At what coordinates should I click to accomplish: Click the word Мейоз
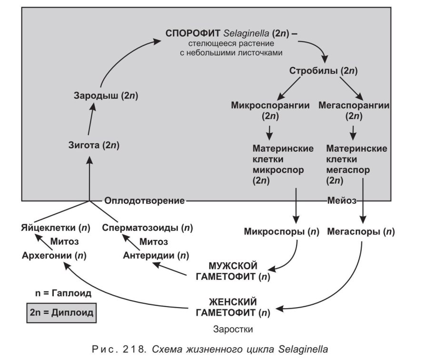tap(342, 200)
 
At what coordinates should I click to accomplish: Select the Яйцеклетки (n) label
tap(56, 228)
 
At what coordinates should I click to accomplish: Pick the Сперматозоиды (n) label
tap(147, 228)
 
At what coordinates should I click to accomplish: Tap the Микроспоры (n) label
tap(282, 232)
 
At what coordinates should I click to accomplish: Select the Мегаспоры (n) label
tap(361, 232)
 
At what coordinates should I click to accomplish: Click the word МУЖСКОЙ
tap(233, 265)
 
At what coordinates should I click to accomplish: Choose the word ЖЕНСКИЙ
tap(233, 302)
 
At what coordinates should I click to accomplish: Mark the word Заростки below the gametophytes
tap(233, 329)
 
